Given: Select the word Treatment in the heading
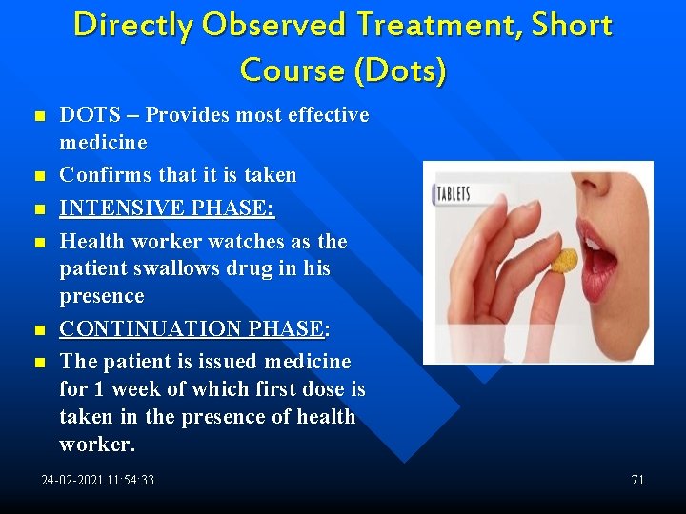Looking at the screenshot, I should click(x=441, y=26).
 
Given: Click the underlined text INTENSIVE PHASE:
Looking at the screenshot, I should click(x=167, y=208).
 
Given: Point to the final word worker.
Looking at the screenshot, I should click(x=97, y=445).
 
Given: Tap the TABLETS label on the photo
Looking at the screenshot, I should click(x=454, y=195).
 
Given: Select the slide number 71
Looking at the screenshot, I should click(x=637, y=480).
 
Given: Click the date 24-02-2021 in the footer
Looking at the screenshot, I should click(x=74, y=480).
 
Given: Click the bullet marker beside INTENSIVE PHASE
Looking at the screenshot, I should click(x=39, y=208).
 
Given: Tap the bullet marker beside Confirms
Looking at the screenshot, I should click(x=39, y=176).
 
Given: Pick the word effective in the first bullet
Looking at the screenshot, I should click(x=327, y=115).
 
